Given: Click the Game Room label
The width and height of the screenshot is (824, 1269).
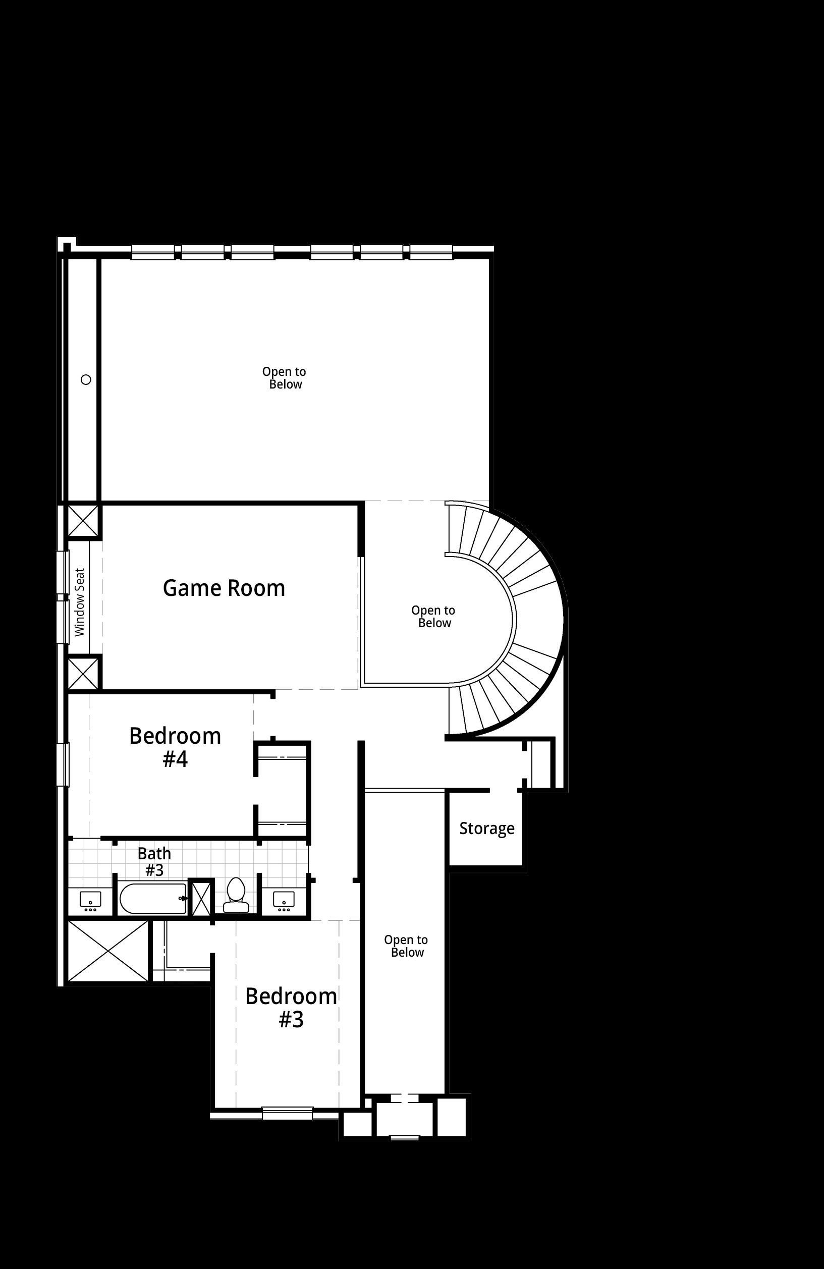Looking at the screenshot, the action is (224, 588).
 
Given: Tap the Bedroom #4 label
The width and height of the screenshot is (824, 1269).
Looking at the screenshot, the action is (175, 747).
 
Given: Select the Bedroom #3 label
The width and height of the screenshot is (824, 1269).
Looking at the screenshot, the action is (291, 1007).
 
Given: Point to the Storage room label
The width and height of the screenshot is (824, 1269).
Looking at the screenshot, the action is (487, 828).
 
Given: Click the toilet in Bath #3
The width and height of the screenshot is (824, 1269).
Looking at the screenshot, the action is (236, 896).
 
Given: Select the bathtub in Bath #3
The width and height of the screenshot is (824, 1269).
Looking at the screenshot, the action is (153, 899).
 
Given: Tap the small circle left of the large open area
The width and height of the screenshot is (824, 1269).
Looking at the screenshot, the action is (86, 379).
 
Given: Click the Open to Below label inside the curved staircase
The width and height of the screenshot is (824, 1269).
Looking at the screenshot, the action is (433, 617).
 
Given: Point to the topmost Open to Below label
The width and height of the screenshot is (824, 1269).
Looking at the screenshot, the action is (284, 377).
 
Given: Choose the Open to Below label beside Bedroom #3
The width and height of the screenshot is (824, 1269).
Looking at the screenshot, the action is (406, 946).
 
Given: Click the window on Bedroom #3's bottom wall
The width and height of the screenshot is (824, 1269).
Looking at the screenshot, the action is (288, 1113).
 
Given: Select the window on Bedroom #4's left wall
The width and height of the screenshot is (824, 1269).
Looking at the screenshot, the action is (63, 764).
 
